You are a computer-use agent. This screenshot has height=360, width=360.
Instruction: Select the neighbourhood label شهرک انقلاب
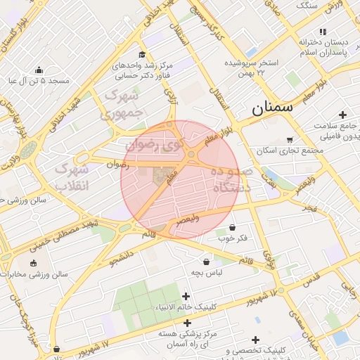[73, 177]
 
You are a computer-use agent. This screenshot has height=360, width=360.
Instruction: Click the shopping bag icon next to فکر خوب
[232, 227]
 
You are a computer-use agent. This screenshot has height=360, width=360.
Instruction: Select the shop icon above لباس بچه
[206, 261]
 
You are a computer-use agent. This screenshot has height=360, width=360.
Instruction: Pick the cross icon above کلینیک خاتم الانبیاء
[186, 296]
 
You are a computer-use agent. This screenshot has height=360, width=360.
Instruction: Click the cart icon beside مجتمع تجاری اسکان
[290, 139]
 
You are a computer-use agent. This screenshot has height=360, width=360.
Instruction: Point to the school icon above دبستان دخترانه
[323, 32]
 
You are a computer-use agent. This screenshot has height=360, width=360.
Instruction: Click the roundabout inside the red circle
[191, 154]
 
